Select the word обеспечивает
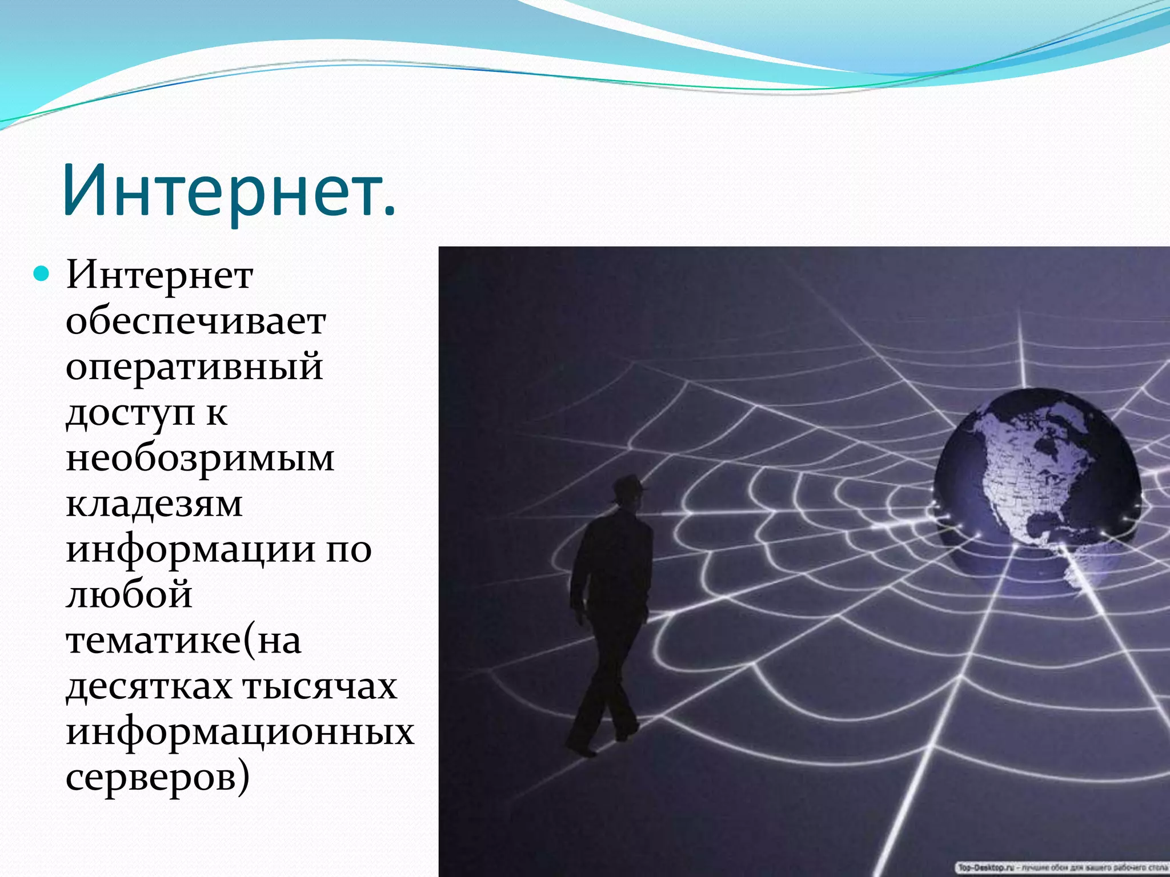[195, 321]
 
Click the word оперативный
[194, 367]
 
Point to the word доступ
[130, 413]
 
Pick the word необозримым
[200, 458]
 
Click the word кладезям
[154, 504]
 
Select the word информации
[190, 550]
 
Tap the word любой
[129, 596]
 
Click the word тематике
[153, 641]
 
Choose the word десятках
[149, 687]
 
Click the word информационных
[240, 733]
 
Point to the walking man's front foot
[580, 749]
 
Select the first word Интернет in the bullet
[159, 276]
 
